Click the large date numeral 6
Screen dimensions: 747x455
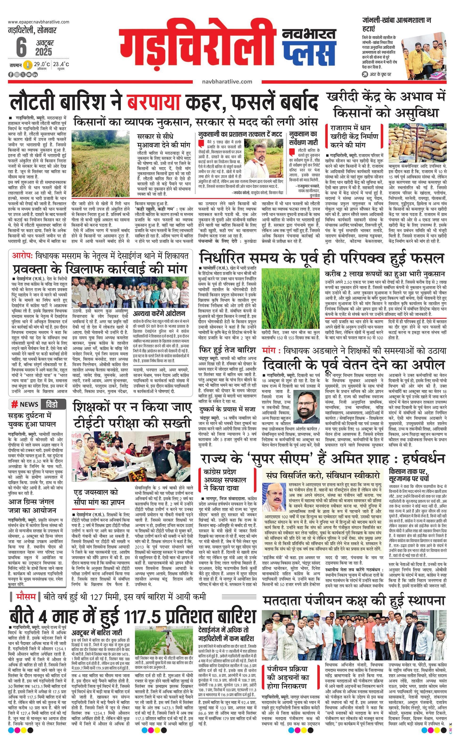[x=21, y=48]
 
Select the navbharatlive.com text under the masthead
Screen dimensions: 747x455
[x=227, y=81]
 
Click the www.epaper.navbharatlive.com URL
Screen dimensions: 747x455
[x=39, y=22]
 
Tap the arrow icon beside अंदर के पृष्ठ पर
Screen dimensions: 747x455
[x=365, y=74]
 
